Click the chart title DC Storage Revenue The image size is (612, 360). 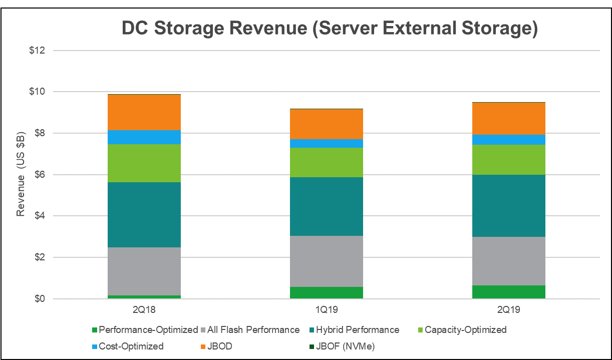coord(330,29)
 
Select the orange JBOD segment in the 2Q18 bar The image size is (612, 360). coord(144,112)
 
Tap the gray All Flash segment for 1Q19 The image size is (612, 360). coord(327,261)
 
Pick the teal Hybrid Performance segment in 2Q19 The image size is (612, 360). coord(509,206)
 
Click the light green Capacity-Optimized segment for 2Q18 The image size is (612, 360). coord(144,163)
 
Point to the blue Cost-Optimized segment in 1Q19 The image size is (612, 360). coord(327,143)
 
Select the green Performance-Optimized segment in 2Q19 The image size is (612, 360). coord(509,292)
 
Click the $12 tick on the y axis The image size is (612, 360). coord(38,51)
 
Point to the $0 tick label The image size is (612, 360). coord(40,299)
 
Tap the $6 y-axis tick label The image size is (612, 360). coord(40,175)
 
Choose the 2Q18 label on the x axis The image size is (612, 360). coord(144,310)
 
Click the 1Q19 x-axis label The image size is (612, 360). coord(327,310)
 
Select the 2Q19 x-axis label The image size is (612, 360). coord(509,310)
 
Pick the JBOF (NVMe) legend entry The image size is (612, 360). coord(345,346)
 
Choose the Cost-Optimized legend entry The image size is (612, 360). coord(131,346)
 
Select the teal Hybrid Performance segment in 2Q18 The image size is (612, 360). coord(144,215)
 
